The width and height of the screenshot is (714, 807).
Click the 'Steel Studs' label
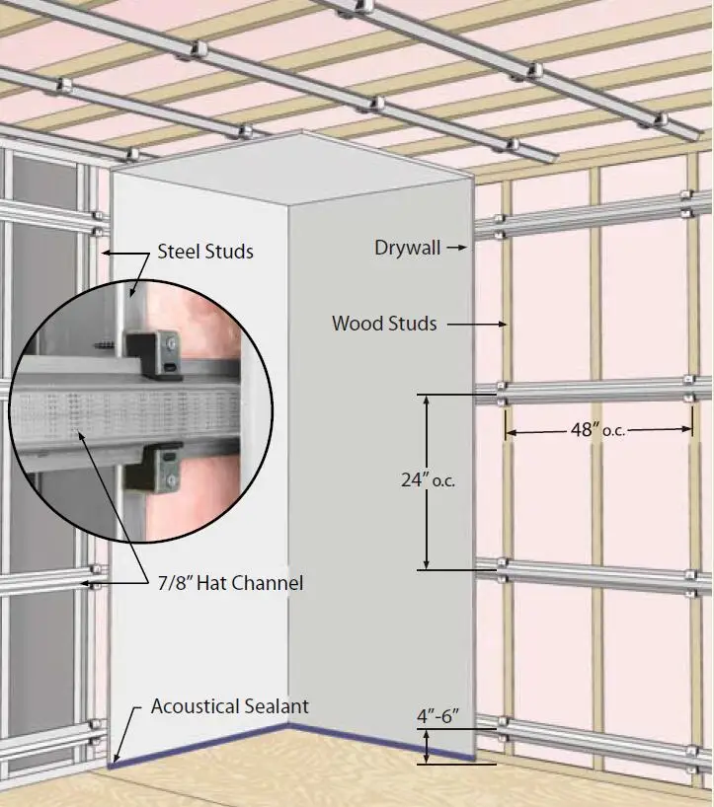(x=205, y=252)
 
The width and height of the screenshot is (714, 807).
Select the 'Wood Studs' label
(x=384, y=323)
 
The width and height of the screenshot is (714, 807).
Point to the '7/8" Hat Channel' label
(x=230, y=583)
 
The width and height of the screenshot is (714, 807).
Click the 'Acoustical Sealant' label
(x=229, y=706)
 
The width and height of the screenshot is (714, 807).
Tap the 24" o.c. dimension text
(x=428, y=481)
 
